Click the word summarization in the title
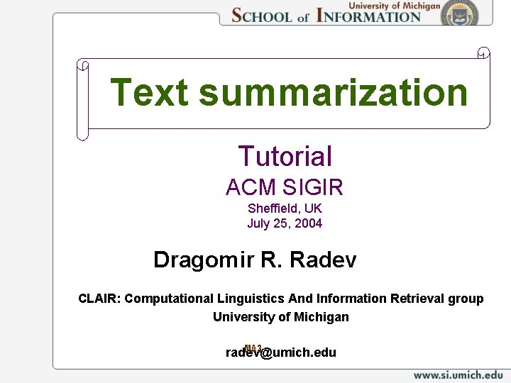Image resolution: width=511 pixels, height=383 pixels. click(334, 93)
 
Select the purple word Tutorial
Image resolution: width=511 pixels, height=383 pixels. click(285, 157)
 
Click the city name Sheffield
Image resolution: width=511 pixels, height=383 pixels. click(273, 209)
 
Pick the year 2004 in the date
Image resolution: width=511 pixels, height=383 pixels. click(309, 223)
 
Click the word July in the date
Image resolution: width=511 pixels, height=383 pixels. click(258, 223)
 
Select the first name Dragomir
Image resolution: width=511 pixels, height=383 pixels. click(204, 260)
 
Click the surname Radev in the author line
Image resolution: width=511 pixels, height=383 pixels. click(324, 260)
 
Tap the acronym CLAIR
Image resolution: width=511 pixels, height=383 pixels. click(99, 299)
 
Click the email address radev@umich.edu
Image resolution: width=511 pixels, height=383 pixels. click(281, 353)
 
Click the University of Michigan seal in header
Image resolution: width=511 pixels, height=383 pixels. click(459, 12)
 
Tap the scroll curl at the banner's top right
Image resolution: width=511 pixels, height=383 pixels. click(483, 52)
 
